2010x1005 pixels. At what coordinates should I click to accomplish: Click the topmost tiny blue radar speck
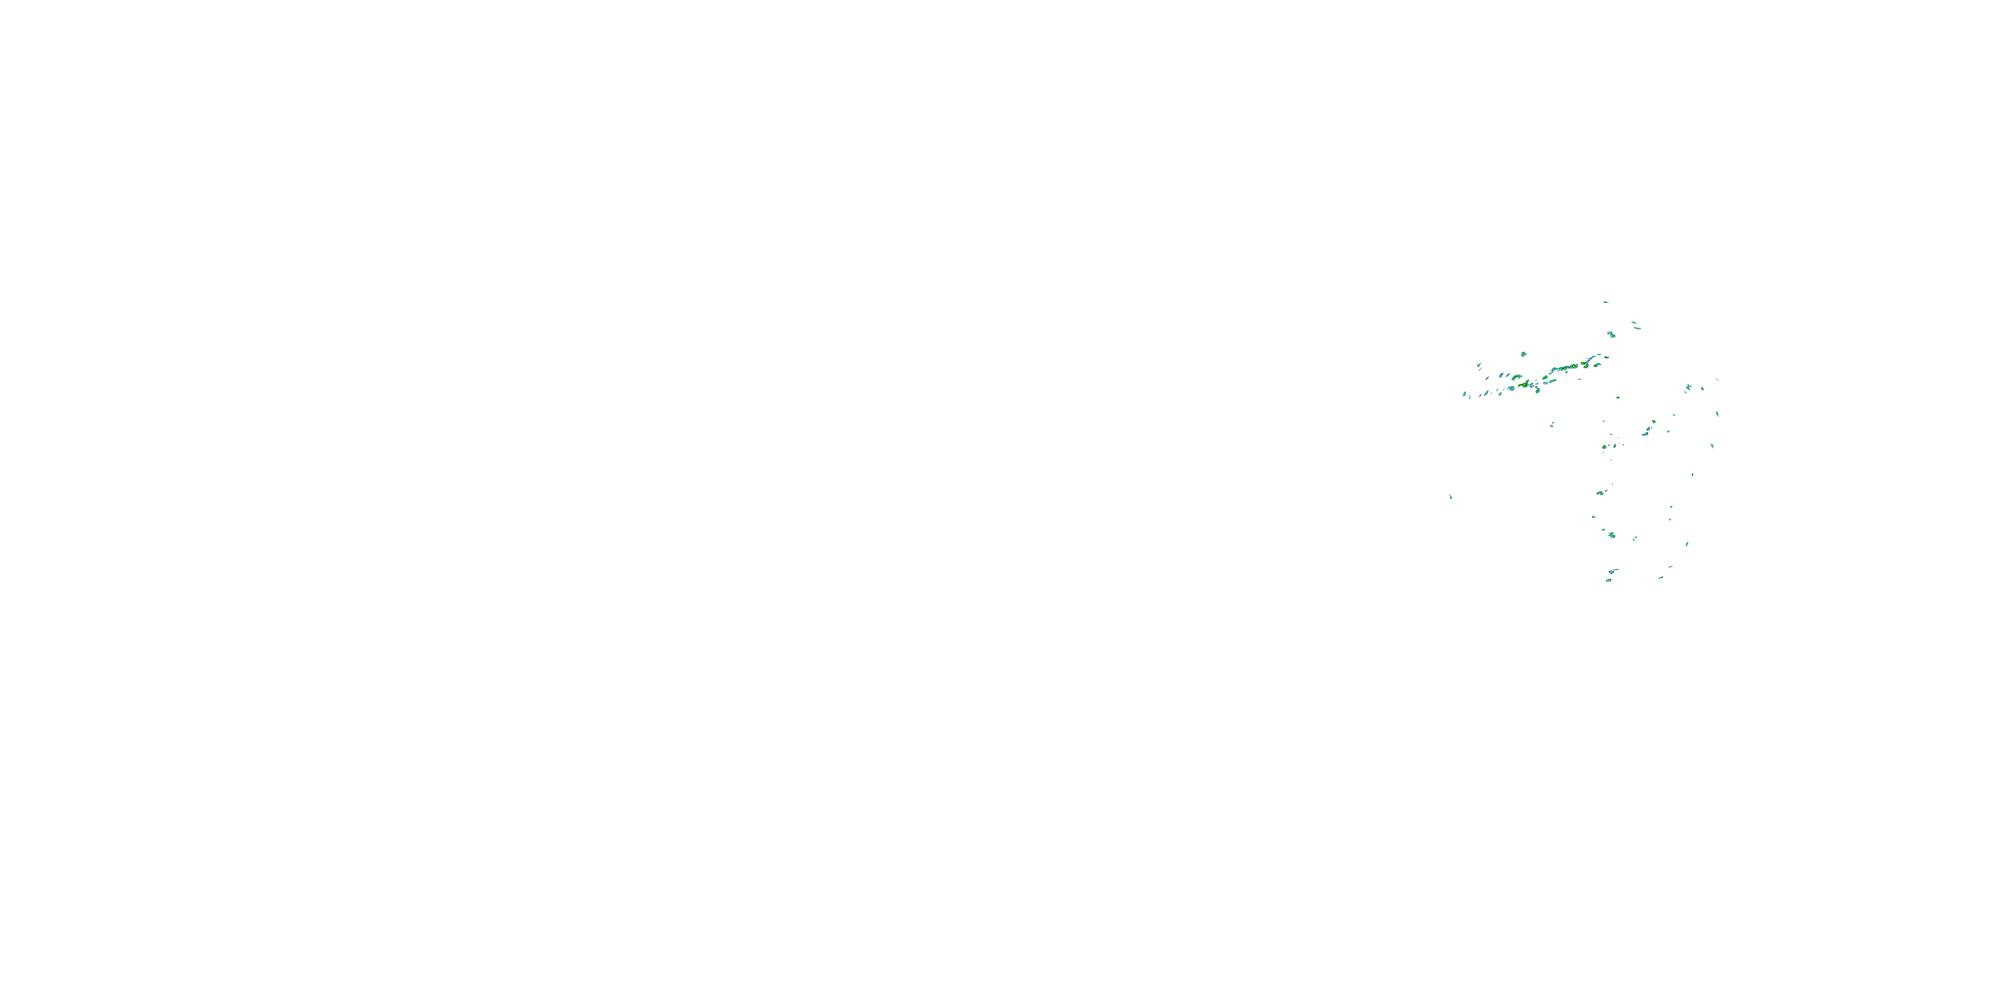tap(1606, 302)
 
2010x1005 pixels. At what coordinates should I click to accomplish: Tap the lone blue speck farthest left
tap(1451, 496)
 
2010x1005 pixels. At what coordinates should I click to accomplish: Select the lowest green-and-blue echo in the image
tap(1608, 580)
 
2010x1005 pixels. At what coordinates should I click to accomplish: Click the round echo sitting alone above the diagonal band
tap(1523, 354)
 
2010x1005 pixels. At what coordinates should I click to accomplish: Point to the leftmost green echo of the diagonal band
tap(1465, 394)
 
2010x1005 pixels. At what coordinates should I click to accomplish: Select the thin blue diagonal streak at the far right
tap(1717, 380)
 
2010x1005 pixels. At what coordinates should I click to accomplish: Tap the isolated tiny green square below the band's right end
tap(1617, 397)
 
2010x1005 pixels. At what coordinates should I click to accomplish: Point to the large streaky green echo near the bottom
tap(1611, 535)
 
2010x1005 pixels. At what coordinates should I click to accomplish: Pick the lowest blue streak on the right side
tap(1660, 578)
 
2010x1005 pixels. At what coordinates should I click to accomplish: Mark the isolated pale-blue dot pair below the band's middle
tap(1551, 425)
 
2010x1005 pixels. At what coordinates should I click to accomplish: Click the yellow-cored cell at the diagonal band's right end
tap(1585, 364)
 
